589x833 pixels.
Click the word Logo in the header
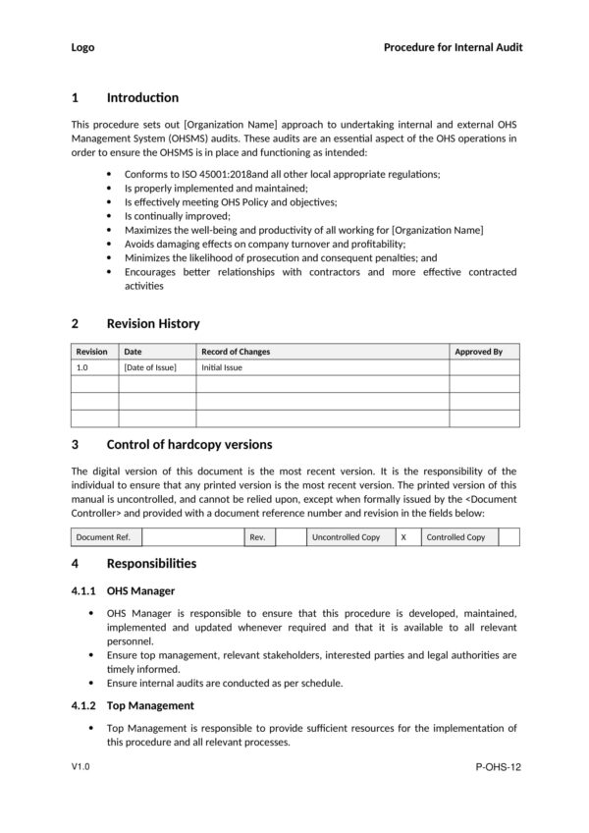83,47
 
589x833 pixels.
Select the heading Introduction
142,97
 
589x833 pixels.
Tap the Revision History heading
152,323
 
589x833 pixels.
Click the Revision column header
92,351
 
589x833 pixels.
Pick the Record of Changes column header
236,351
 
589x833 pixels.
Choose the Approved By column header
478,351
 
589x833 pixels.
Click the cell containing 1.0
82,367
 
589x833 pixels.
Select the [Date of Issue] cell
150,367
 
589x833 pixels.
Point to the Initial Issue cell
221,367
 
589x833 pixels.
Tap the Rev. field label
257,537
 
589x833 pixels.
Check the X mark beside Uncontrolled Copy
403,537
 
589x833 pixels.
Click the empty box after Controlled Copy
509,537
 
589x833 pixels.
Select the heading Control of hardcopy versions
188,444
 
